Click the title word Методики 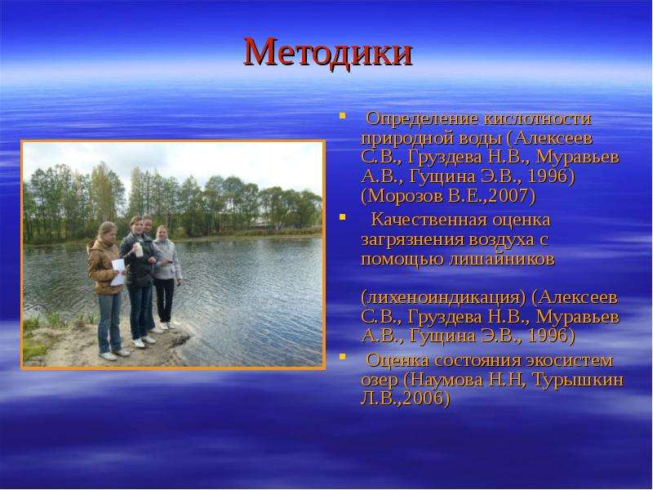[x=328, y=52]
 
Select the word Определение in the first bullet [x=422, y=119]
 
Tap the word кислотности [x=538, y=119]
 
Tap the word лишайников [x=502, y=259]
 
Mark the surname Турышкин [x=578, y=380]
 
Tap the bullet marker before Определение [x=342, y=116]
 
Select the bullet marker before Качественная [x=342, y=216]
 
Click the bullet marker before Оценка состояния [x=342, y=356]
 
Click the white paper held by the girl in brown [x=118, y=272]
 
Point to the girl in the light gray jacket [x=167, y=276]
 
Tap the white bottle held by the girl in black [x=139, y=250]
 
